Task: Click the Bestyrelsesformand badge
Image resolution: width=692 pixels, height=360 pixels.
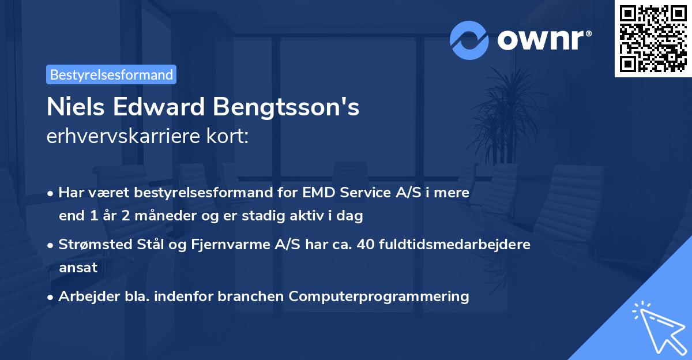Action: pyautogui.click(x=111, y=74)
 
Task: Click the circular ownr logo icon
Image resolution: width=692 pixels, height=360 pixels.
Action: pyautogui.click(x=469, y=40)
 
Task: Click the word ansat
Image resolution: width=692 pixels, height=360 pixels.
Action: pyautogui.click(x=78, y=268)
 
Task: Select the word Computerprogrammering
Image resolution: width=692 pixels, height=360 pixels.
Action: pyautogui.click(x=379, y=296)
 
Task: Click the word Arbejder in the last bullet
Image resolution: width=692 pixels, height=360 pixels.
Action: pyautogui.click(x=84, y=296)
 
